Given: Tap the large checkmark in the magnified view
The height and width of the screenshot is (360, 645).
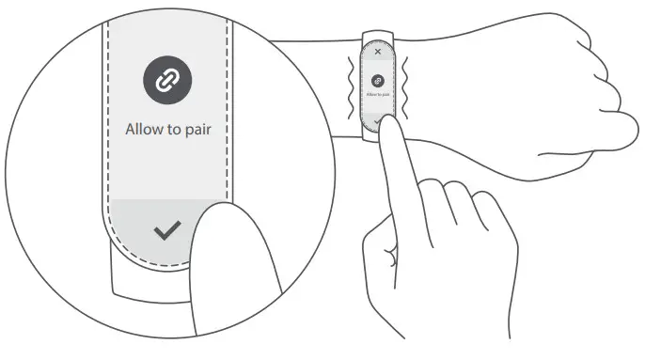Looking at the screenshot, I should tap(166, 231).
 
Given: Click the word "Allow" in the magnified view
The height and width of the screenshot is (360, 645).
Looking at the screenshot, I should tap(144, 130).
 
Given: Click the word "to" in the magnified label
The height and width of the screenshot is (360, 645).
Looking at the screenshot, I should tap(170, 130).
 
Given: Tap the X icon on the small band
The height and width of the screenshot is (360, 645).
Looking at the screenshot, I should tap(378, 53).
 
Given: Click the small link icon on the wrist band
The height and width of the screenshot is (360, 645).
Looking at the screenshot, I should tap(378, 81).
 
